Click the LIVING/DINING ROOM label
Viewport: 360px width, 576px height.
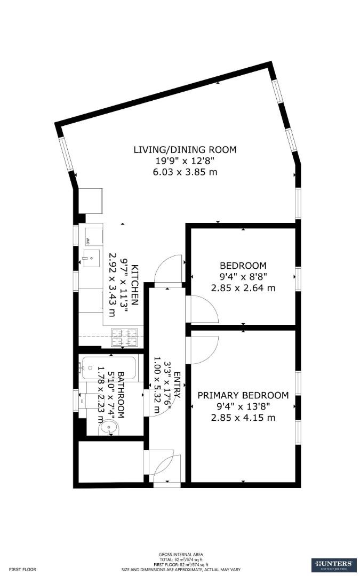pos(185,150)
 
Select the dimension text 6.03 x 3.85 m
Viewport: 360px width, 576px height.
pos(185,172)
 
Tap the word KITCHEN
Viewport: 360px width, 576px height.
pos(135,284)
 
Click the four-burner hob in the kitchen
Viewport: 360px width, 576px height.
pos(124,337)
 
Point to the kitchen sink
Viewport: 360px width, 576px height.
pos(91,260)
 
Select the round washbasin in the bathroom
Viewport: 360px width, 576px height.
pos(109,427)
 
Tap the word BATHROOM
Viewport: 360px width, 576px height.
pos(121,395)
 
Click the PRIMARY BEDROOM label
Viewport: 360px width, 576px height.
pos(243,395)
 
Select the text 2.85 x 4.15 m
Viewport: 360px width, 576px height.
pos(243,418)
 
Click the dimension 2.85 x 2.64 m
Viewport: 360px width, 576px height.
pos(243,288)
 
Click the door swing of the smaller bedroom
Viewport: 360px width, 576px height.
pos(203,309)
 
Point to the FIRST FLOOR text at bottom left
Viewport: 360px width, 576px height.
pos(22,569)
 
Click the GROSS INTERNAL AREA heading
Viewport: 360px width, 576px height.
pos(181,555)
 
